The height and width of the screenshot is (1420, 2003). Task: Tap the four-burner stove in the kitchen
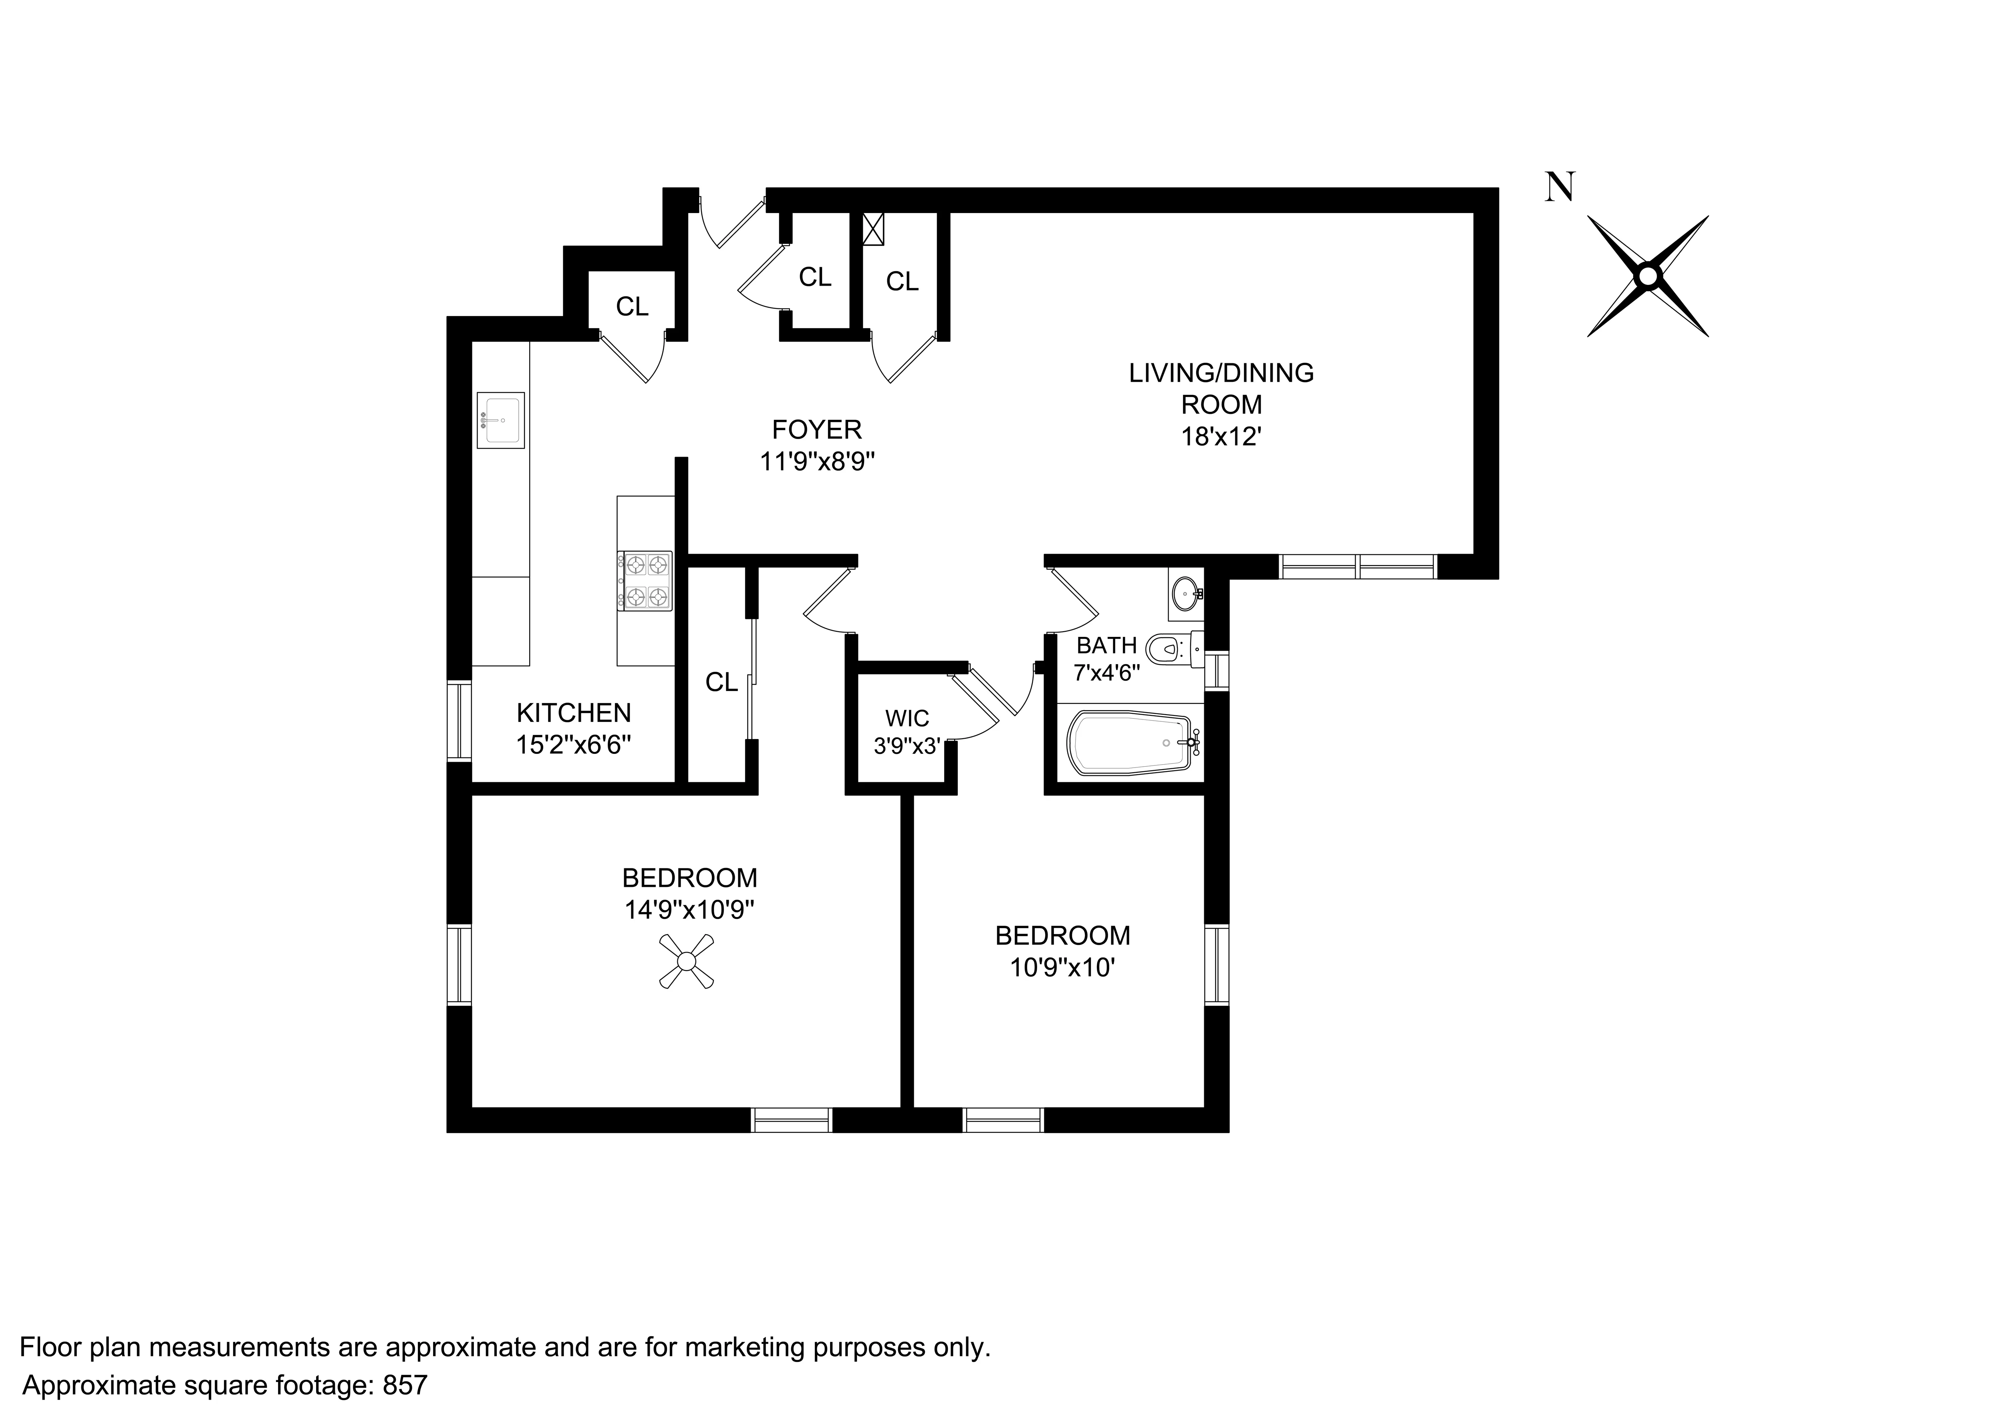point(645,580)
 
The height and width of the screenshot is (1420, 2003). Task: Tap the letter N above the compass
point(1561,187)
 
